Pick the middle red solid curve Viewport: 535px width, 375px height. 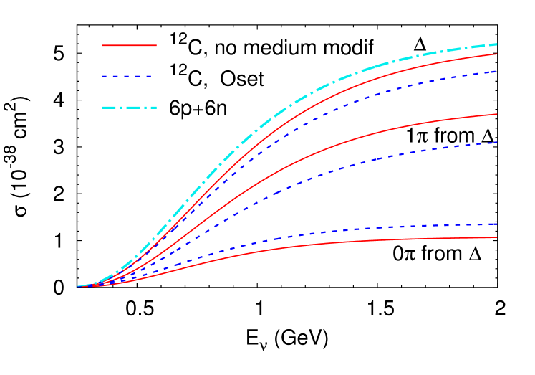(358, 138)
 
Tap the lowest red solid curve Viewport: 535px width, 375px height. (358, 241)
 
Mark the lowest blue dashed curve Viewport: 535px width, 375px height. (358, 229)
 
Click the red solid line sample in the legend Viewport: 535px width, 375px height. (129, 45)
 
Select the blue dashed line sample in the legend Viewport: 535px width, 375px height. (127, 76)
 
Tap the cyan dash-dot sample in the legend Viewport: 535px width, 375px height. (129, 108)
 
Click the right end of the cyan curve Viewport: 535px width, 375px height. (496, 44)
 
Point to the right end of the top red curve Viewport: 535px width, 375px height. (496, 54)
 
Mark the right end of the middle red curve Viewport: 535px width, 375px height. (496, 114)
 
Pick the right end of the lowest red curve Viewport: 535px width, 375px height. (496, 237)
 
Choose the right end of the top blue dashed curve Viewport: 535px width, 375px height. (496, 71)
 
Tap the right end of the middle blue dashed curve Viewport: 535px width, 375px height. (496, 142)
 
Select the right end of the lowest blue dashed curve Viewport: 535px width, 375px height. (496, 224)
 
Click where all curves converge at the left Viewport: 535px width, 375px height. (79, 286)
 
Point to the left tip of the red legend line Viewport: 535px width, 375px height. (102, 45)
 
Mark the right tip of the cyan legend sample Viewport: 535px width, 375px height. (156, 108)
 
